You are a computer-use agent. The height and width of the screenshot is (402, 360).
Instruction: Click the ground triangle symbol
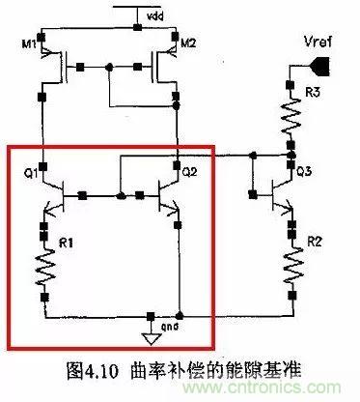(149, 338)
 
